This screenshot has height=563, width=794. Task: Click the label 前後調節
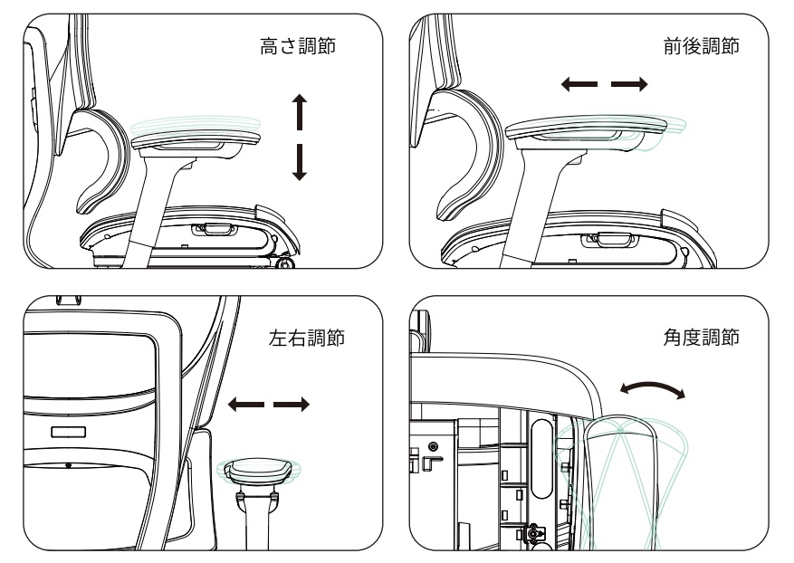[700, 47]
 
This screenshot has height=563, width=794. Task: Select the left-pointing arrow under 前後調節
[579, 84]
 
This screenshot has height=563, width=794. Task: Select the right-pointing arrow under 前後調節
[630, 84]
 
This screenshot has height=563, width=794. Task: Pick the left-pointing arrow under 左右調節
[246, 403]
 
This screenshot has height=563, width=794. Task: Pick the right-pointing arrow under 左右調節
[292, 403]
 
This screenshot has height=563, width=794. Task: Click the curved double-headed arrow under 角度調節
[651, 390]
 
